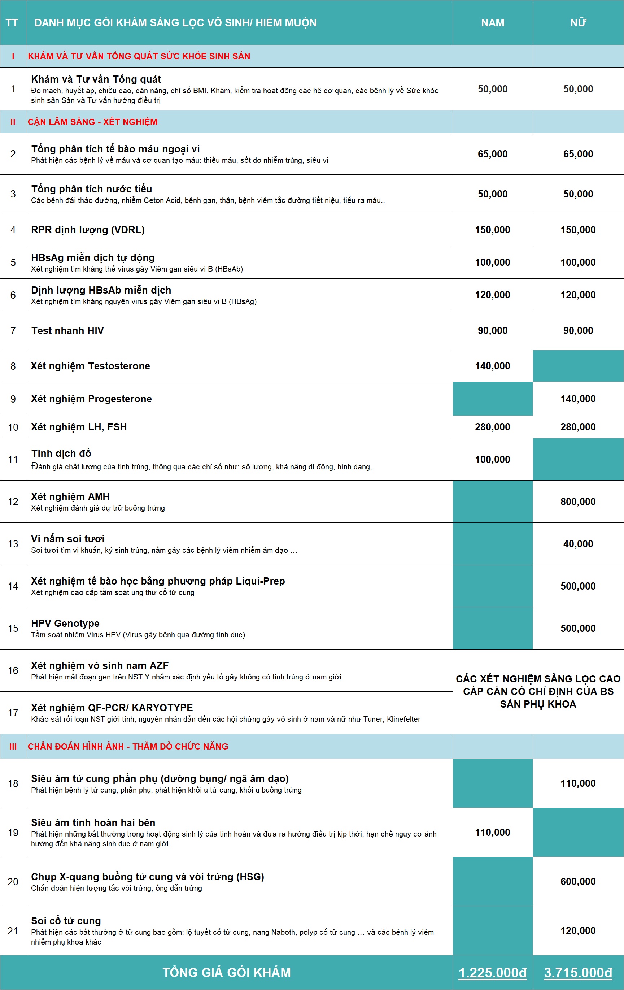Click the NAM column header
(493, 23)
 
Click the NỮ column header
(578, 23)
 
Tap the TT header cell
(12, 23)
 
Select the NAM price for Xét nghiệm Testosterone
(493, 366)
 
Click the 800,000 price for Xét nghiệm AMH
(578, 501)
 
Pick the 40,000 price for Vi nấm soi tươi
(578, 544)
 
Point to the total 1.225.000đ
(493, 972)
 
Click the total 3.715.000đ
(578, 972)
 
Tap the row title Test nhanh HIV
(67, 331)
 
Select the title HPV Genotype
(65, 623)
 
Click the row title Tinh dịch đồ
(61, 453)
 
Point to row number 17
(13, 712)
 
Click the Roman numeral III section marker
(13, 746)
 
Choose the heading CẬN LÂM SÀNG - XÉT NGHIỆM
(92, 122)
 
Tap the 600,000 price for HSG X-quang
(578, 881)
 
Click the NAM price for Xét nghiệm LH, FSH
(493, 427)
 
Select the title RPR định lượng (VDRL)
(88, 230)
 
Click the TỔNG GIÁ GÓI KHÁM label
(227, 972)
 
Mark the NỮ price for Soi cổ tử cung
(578, 930)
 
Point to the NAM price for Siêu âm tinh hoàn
(493, 832)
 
